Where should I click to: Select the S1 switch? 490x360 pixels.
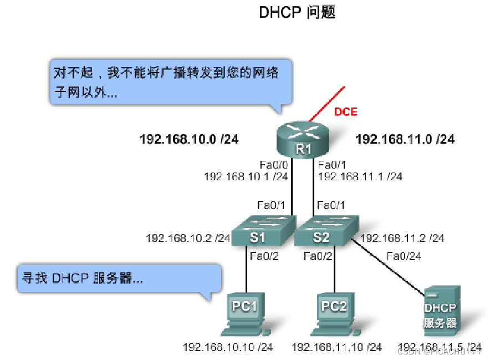(257, 233)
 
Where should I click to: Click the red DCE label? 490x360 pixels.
(345, 112)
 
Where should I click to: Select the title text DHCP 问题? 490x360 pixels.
(297, 12)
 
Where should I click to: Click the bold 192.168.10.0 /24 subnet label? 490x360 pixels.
(189, 139)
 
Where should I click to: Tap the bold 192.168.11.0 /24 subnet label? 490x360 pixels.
(405, 139)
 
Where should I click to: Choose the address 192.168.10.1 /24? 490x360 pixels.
(246, 176)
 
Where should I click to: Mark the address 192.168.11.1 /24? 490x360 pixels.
(360, 176)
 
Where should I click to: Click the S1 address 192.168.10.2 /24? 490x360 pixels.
(188, 238)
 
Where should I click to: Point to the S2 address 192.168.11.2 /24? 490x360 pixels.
(402, 238)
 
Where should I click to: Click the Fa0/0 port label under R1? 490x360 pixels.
(274, 165)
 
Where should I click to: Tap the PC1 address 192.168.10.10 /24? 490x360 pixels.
(228, 347)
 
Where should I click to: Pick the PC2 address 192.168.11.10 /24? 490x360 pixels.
(336, 347)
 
